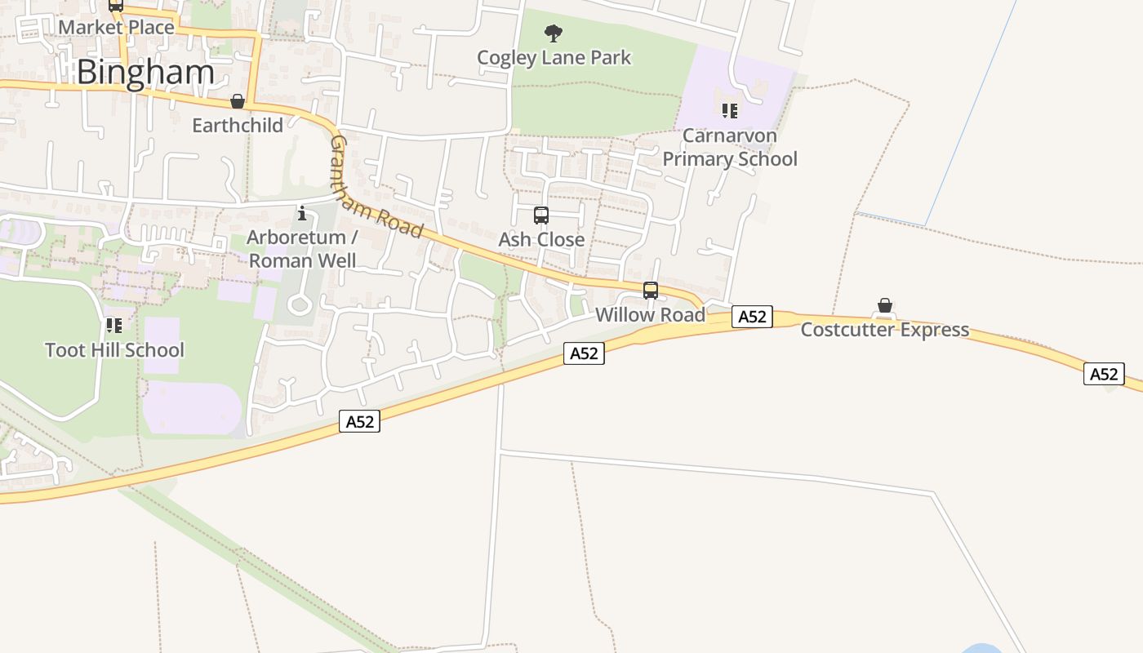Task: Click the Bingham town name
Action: click(145, 72)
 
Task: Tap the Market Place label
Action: click(117, 27)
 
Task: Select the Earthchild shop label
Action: click(238, 125)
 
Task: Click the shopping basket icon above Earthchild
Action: click(238, 101)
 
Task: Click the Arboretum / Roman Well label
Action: click(302, 249)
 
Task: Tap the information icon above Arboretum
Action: click(303, 214)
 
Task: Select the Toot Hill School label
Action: click(114, 350)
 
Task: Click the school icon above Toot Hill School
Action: click(114, 326)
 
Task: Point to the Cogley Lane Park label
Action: click(554, 58)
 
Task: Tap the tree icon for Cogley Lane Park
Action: click(554, 33)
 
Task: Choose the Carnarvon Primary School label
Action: click(729, 147)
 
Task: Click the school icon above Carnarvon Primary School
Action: click(729, 110)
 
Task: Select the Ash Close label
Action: click(541, 239)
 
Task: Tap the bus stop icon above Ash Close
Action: click(541, 215)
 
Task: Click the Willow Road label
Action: click(650, 314)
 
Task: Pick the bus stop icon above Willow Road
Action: click(651, 290)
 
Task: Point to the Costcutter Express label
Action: click(884, 330)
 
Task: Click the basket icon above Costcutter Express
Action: click(884, 306)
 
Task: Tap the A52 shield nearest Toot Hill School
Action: click(360, 421)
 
